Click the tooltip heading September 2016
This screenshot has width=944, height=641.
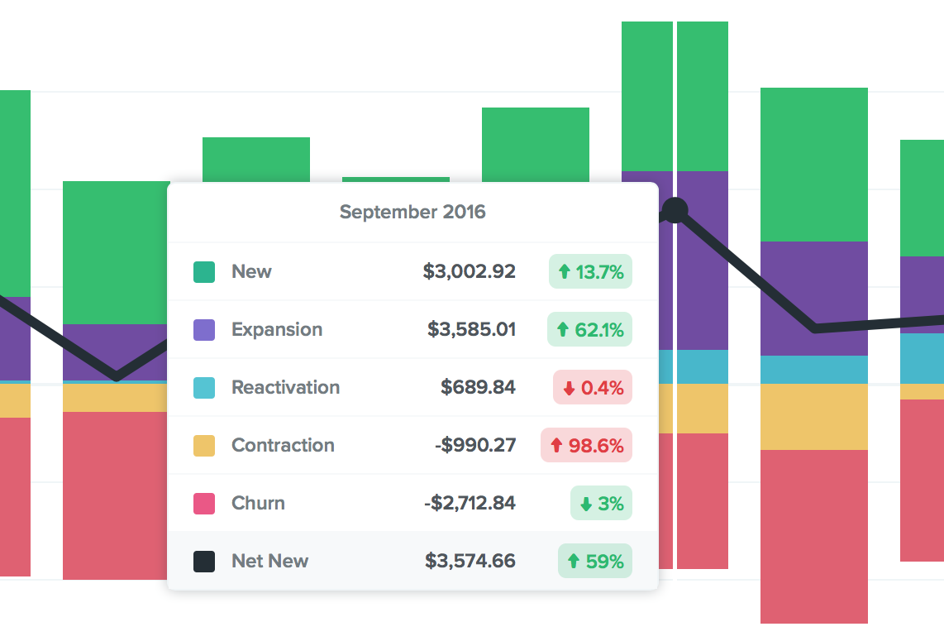(412, 212)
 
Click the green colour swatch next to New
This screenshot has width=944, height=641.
(204, 271)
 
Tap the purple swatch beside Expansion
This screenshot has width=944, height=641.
(204, 329)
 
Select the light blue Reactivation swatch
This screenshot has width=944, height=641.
(204, 387)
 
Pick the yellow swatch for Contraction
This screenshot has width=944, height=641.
(204, 445)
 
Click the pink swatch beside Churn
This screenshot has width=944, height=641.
(204, 503)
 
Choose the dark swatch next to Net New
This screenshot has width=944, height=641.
(204, 561)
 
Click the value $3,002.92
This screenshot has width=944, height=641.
(469, 271)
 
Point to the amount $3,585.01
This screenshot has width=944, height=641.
(471, 329)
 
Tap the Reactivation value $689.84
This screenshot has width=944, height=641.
(478, 387)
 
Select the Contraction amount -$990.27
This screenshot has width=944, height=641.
(474, 445)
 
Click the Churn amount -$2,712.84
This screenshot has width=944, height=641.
(469, 503)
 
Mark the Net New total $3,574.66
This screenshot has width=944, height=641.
(470, 561)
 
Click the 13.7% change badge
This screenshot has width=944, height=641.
(590, 271)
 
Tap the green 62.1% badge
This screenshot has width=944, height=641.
(589, 329)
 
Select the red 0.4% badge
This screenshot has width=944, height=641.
(592, 387)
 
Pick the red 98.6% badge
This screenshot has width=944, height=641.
(586, 445)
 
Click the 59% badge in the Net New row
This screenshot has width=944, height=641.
(594, 561)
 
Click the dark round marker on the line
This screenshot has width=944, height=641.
(675, 210)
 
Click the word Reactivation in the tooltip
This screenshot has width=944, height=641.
(285, 387)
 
